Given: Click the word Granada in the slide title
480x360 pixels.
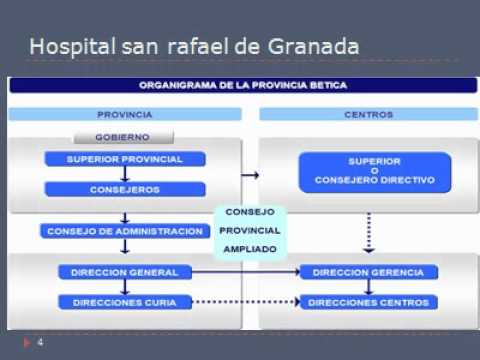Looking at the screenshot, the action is (314, 46).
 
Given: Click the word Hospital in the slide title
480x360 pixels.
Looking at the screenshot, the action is (73, 47).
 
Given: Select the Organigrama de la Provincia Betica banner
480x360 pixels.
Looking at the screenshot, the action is (243, 85).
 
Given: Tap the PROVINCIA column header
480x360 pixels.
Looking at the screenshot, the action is (125, 114).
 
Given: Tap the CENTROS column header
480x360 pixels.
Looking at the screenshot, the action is (369, 114).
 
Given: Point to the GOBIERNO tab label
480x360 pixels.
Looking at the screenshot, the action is (123, 137).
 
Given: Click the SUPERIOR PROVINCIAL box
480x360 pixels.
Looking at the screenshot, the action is (125, 159).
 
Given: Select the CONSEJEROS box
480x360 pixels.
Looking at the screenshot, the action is (125, 189).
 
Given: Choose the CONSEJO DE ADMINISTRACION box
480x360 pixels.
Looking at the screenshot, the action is (125, 231).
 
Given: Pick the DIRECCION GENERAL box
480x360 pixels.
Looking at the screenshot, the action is (125, 272).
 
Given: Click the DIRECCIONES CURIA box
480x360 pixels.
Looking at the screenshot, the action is (125, 302).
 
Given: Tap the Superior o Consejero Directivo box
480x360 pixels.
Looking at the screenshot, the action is (375, 172).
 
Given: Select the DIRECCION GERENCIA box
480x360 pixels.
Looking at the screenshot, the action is (369, 272).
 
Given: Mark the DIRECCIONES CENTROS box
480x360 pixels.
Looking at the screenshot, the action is (369, 302).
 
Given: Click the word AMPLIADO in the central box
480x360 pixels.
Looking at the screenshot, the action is (250, 249).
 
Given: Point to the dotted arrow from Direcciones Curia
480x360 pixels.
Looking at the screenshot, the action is (246, 302).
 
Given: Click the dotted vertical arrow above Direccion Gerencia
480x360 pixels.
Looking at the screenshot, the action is (369, 233).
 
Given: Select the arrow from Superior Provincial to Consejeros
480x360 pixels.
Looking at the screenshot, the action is (125, 174).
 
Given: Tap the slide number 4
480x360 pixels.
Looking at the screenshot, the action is (40, 342).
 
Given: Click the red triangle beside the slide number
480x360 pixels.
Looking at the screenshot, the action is (27, 342).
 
